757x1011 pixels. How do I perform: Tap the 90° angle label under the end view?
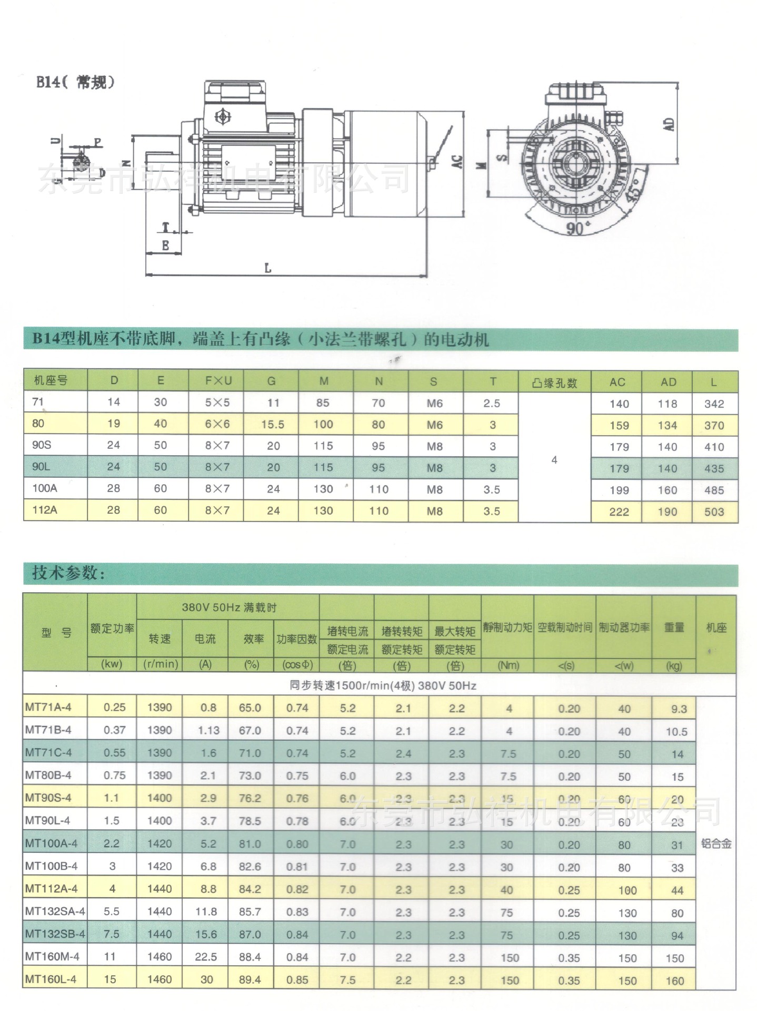(576, 229)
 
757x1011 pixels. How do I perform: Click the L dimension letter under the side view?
(267, 268)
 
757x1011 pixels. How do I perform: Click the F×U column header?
(218, 381)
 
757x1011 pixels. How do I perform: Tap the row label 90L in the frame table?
(41, 467)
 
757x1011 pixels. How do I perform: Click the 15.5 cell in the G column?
(272, 425)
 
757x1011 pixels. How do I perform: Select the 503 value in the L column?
(714, 512)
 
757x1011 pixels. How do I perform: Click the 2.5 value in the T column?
(491, 404)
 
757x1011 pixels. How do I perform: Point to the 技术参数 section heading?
(68, 573)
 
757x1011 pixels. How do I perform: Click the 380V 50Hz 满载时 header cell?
(228, 607)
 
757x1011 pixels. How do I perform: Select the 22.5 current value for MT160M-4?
(206, 957)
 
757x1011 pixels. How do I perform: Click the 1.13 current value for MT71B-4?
(208, 731)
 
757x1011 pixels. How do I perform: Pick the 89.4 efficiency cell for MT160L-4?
(250, 979)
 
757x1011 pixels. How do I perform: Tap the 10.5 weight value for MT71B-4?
(676, 732)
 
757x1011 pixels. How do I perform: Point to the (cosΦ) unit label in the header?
(297, 665)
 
